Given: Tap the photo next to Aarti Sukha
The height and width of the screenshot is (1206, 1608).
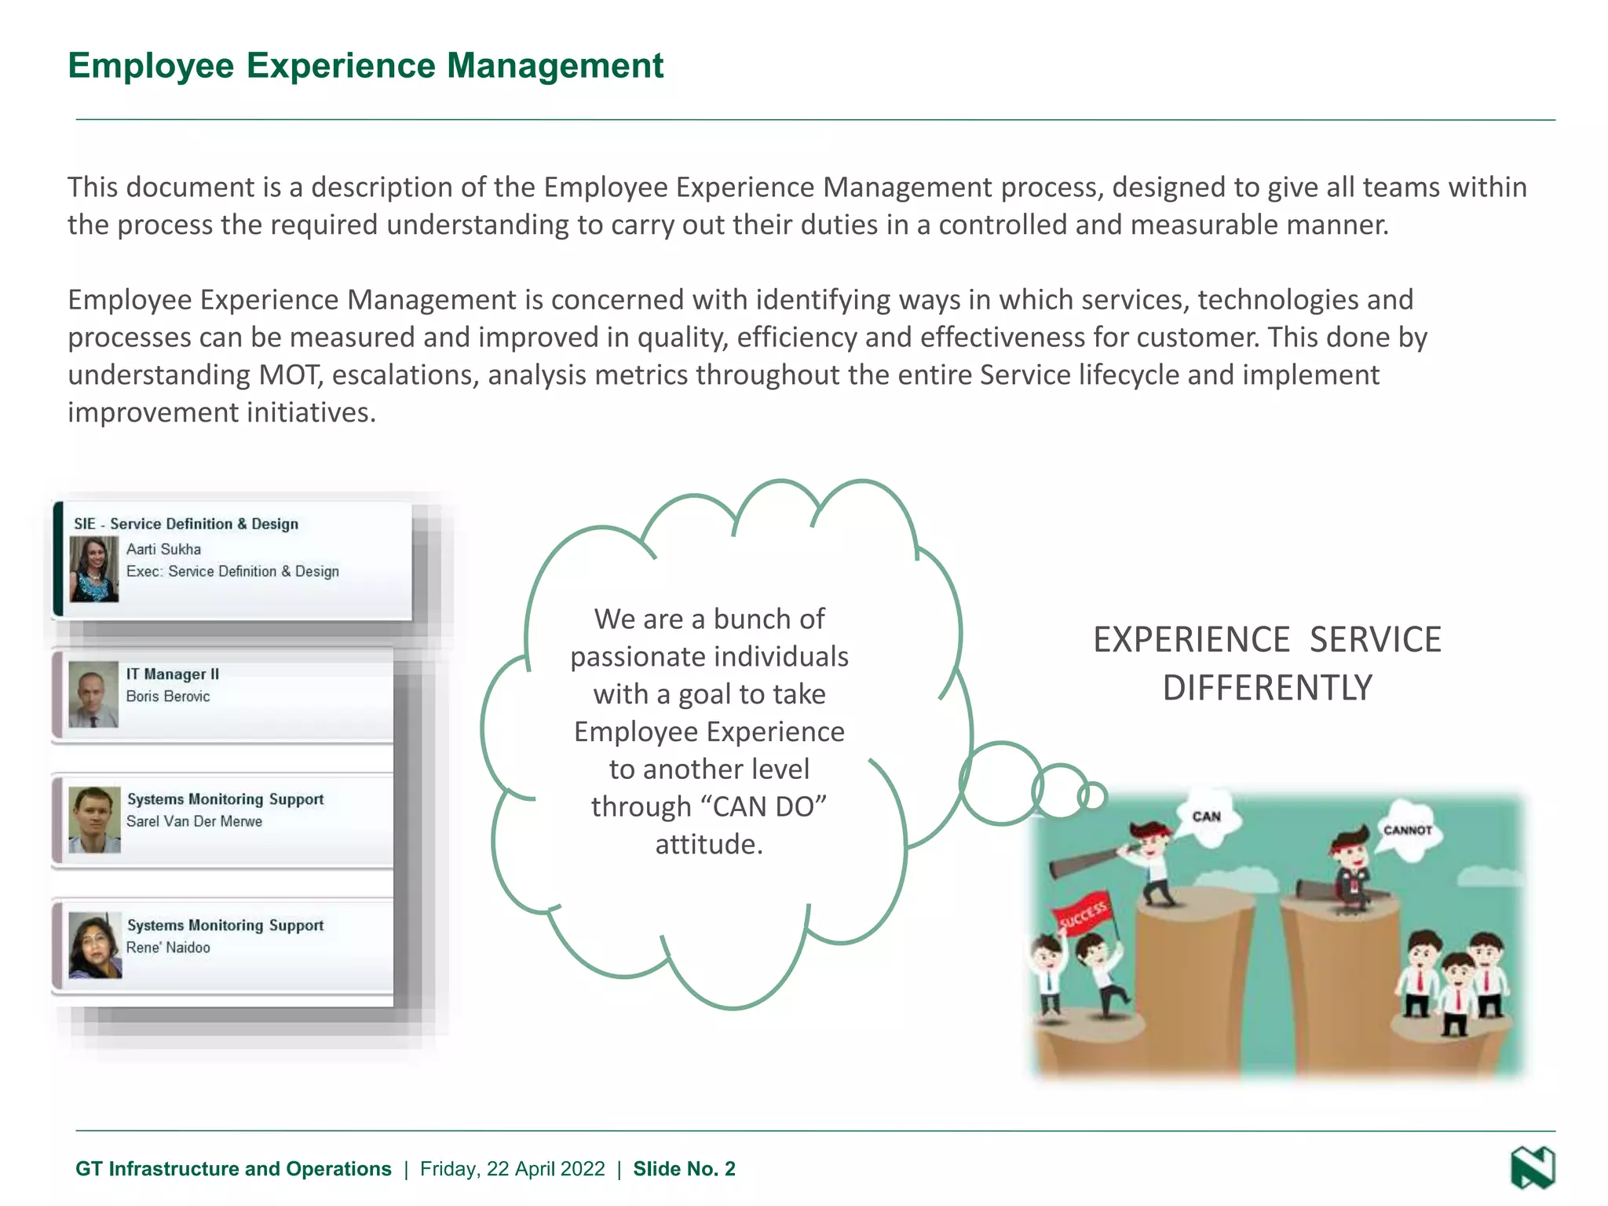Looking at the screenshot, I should coord(94,569).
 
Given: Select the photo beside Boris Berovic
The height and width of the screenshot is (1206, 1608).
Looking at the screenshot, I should coord(93,694).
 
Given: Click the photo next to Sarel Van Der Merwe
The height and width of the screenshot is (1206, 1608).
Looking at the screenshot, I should coord(94,820).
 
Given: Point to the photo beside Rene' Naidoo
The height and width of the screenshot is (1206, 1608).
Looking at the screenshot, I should coord(94,945).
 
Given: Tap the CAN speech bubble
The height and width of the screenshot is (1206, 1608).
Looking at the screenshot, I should coord(1206,818).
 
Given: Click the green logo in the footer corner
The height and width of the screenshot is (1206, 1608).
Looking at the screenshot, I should coord(1533,1168).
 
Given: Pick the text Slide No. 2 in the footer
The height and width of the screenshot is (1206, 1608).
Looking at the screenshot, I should coord(684,1169).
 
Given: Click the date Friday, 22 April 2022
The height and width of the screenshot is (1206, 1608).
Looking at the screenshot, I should coord(512,1169).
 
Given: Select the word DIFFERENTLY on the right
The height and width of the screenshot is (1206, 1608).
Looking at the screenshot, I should coord(1267,688).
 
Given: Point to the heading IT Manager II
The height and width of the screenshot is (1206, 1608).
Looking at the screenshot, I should coord(173,674).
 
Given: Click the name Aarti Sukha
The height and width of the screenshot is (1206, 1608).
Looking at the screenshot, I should coord(163,549).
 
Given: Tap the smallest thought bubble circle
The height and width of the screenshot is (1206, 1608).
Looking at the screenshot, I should coord(1092,796).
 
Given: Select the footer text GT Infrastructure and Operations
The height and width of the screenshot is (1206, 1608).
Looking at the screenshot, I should coord(233,1169).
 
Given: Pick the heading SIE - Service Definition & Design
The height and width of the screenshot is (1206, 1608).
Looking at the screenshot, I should coord(186,524).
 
